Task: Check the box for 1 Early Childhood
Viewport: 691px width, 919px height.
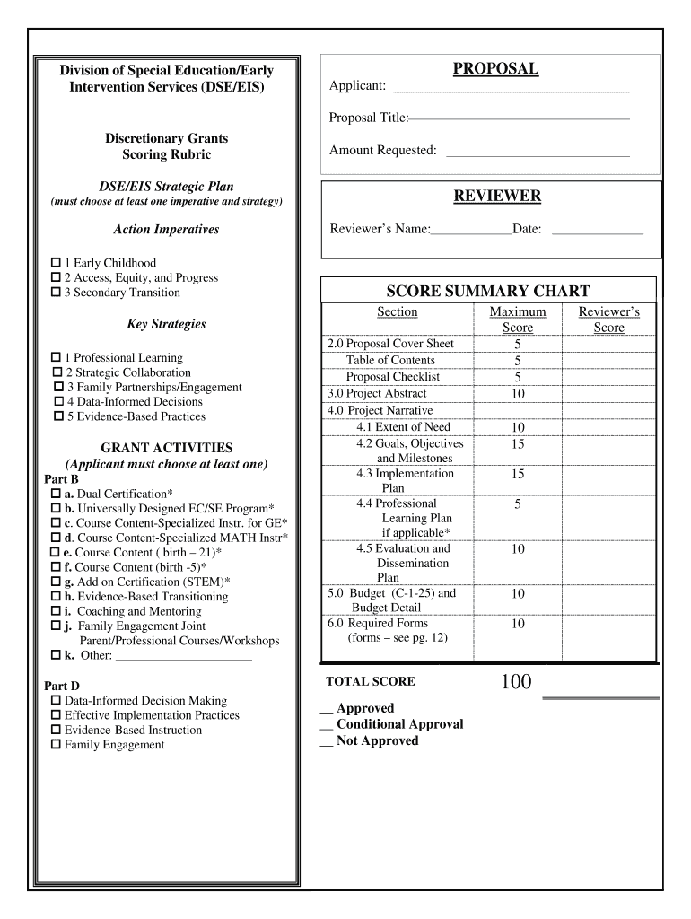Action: click(55, 263)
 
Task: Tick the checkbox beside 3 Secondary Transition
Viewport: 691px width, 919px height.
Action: click(55, 293)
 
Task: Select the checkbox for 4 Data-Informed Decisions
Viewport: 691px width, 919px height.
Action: click(59, 402)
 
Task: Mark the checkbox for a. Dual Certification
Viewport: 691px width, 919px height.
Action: click(56, 494)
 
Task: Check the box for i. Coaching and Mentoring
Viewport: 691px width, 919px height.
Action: click(56, 611)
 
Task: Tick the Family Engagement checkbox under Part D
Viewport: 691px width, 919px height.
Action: click(56, 745)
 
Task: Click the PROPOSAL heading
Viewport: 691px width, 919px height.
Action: click(495, 69)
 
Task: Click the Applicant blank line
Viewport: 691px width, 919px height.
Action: click(512, 87)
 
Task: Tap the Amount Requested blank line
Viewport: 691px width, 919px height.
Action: click(538, 151)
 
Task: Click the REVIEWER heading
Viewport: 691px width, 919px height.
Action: click(495, 196)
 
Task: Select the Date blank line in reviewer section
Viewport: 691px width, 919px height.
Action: click(597, 231)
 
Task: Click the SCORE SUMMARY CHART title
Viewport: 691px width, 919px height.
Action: click(487, 291)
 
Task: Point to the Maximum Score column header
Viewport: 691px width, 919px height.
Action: click(517, 319)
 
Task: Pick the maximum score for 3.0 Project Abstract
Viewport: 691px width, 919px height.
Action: click(517, 394)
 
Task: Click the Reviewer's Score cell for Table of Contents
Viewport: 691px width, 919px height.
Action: click(608, 361)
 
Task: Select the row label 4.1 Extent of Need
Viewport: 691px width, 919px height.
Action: click(403, 427)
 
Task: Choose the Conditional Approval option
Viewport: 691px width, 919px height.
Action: click(399, 724)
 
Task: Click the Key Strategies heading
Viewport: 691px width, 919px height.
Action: click(166, 324)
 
